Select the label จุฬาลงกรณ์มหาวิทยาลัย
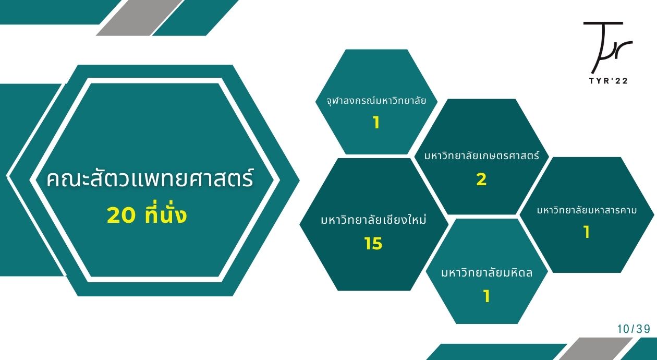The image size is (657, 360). pos(376,101)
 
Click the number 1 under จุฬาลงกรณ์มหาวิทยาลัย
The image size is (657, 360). pos(376,123)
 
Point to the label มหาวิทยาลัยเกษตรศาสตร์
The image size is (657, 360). pos(482,155)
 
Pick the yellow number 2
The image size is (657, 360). pos(482,179)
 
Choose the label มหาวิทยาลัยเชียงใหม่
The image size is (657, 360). pos(373,219)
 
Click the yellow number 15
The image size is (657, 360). pos(373,243)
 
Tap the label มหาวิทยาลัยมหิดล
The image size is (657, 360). pos(486,272)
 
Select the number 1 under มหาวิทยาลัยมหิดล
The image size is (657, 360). pos(486,296)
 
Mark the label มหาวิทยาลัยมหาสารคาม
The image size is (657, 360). pos(587,210)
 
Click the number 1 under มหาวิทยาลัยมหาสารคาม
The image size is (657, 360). pos(587,232)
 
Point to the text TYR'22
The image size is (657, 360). pos(608,81)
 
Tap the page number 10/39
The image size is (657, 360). pos(634,329)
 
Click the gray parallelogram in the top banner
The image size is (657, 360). pos(139,18)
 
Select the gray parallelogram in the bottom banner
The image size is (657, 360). pos(595,349)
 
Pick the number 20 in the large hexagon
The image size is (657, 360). pos(121,215)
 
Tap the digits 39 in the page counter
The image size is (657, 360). pos(643,329)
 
